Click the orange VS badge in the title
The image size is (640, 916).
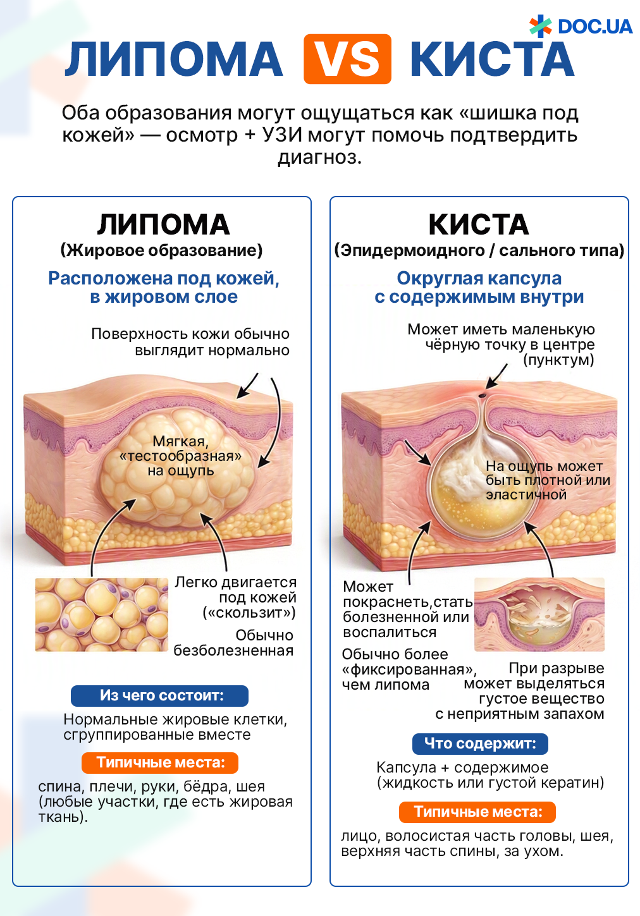pos(347,59)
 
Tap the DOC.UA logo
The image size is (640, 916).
pos(581,26)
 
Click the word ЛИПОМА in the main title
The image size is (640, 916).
pos(174,59)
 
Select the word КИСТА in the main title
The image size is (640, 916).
pos(492,59)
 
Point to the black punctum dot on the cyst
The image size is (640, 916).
pos(482,396)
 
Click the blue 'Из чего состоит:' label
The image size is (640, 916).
pos(159,695)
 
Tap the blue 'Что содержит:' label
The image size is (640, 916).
pos(480,744)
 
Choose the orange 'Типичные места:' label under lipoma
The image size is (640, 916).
pos(160,762)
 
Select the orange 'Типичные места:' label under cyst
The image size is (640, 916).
pos(477,812)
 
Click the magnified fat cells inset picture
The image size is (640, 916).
pos(101,614)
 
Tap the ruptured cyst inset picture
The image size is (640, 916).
pos(539,614)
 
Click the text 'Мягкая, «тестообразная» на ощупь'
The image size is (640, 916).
pos(180,456)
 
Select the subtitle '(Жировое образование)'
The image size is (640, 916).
pos(162,250)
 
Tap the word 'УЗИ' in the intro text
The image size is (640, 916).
pos(281,135)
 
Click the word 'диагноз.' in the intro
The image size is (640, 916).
pos(320,157)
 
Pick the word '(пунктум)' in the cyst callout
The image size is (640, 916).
pos(558,360)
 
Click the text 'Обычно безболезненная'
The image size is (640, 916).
pos(233,643)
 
